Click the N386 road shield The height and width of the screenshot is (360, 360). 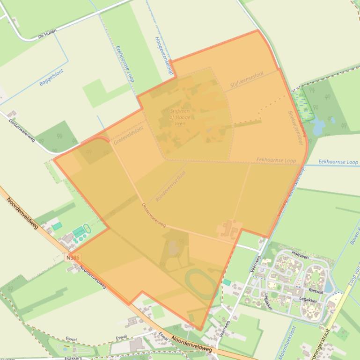pos(73,258)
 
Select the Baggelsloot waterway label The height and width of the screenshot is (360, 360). pos(51,77)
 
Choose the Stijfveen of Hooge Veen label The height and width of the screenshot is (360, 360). pos(180,117)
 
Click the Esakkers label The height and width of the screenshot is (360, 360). pos(73,358)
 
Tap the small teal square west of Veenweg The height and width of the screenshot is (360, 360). pos(227,282)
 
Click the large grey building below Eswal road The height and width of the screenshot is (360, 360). pos(137,345)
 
